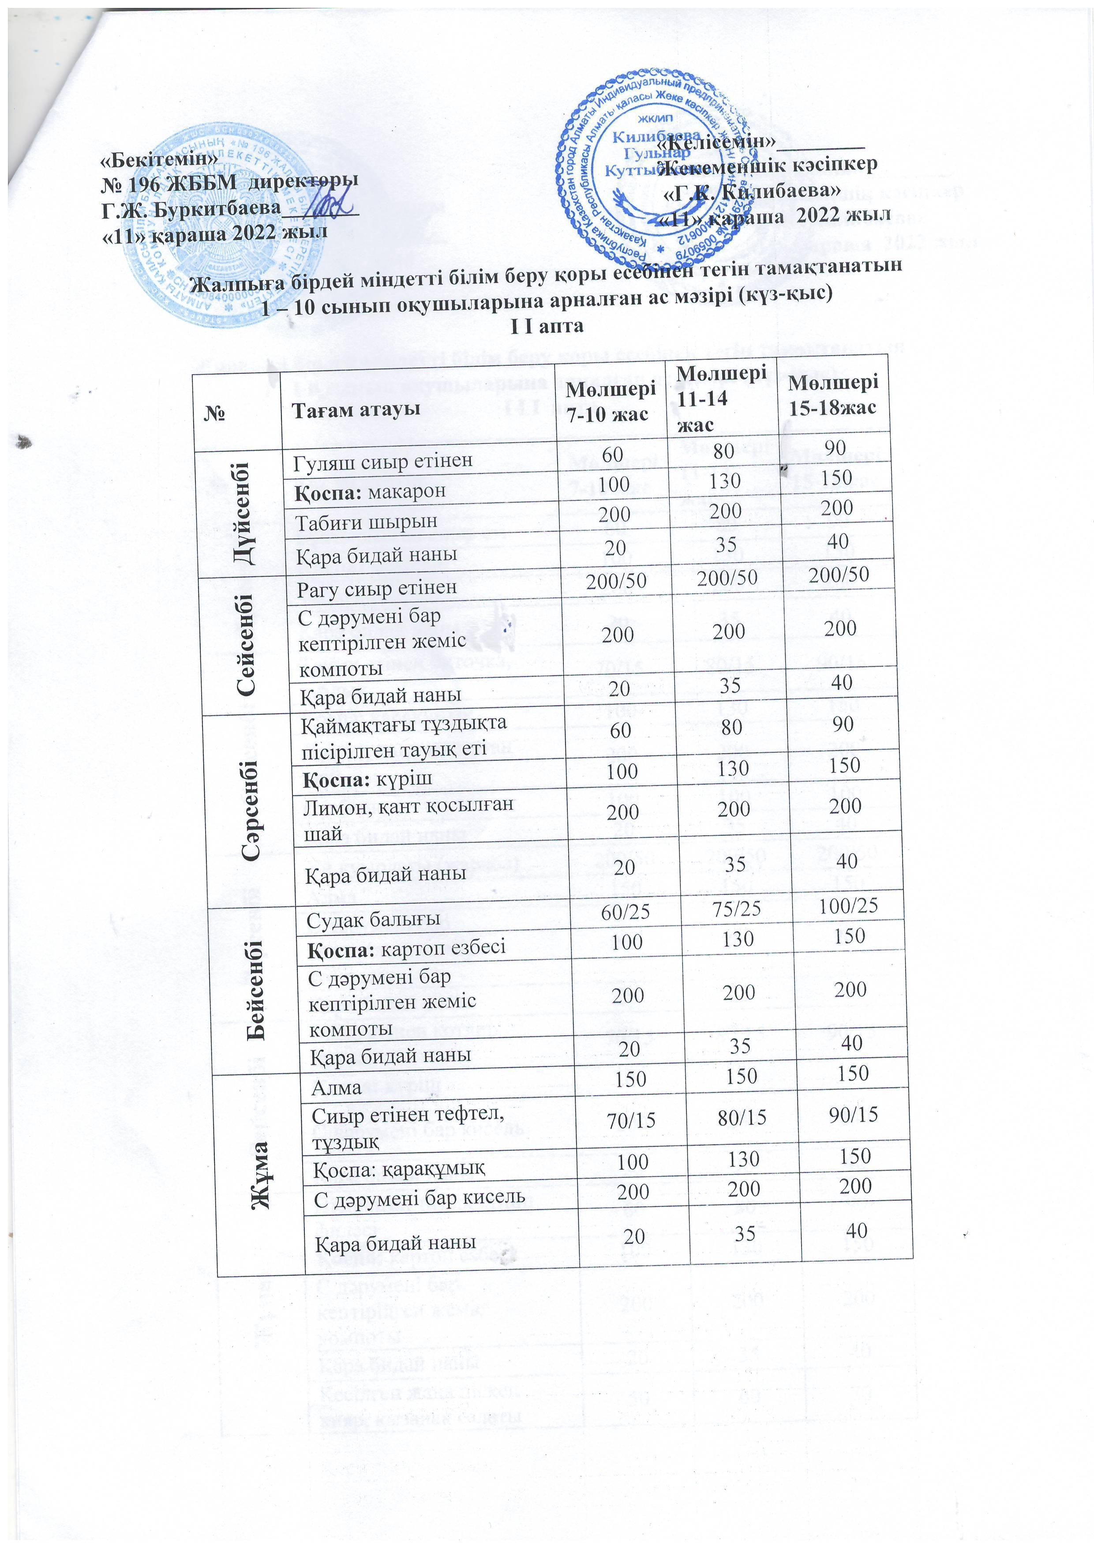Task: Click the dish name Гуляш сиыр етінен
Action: pos(382,461)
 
